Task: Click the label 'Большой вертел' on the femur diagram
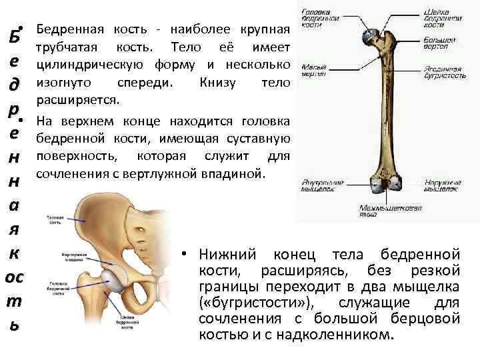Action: pos(438,44)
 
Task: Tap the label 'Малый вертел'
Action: pos(313,70)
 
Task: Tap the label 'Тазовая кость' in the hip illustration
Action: pos(55,221)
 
